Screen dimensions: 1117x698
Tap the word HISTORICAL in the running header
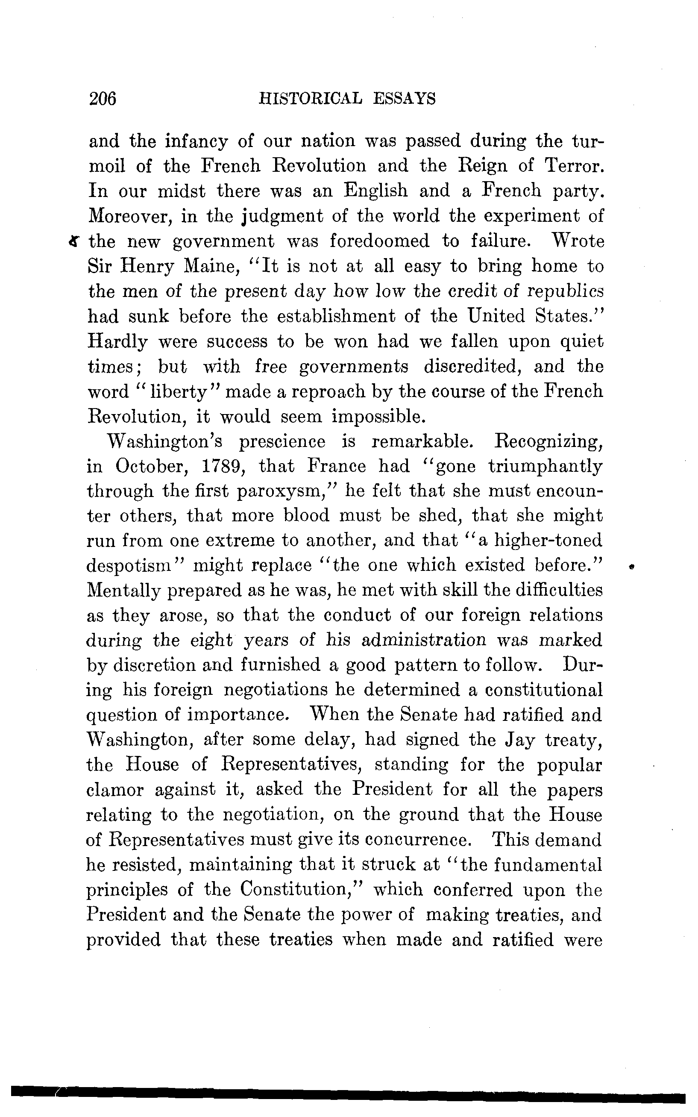pyautogui.click(x=310, y=99)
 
